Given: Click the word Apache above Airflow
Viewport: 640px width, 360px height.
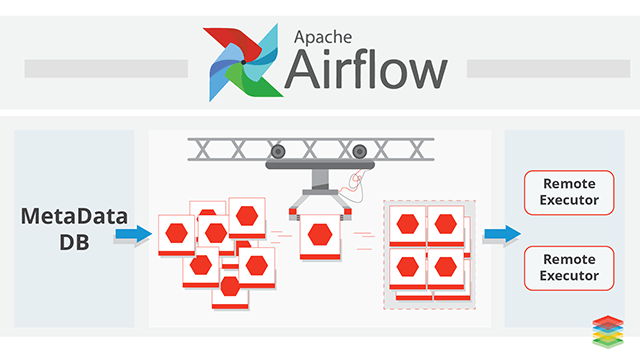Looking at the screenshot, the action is point(323,38).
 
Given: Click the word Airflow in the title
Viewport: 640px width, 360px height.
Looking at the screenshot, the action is point(366,69).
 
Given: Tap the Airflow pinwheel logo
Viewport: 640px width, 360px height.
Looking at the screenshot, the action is point(243,62).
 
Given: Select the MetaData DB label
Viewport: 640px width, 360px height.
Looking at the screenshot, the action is point(74,229).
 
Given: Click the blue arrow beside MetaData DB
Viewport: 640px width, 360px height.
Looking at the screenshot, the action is point(133,234).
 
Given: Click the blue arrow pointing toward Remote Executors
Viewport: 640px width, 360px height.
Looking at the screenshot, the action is point(502,234).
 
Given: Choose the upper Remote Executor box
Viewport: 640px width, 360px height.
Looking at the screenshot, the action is point(569,192).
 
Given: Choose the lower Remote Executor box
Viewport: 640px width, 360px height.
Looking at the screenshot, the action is point(569,268).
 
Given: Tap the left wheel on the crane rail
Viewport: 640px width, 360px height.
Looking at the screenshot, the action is point(278,152).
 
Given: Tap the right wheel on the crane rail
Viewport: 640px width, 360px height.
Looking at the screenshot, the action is point(360,152).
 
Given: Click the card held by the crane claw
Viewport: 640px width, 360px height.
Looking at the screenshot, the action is point(320,237).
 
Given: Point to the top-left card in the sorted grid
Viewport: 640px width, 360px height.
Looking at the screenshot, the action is point(407,226).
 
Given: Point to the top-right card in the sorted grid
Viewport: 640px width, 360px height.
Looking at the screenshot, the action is point(445,226).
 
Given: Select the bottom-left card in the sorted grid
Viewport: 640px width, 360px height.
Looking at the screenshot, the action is point(407,269).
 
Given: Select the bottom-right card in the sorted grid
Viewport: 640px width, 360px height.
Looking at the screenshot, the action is point(445,269).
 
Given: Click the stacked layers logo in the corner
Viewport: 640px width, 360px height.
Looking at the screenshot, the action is point(608,331).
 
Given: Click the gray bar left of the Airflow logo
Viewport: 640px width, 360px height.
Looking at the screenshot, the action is point(106,69).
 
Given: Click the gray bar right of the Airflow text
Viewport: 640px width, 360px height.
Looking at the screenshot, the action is point(549,69).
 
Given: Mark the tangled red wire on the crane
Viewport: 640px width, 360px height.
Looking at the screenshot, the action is point(353,186).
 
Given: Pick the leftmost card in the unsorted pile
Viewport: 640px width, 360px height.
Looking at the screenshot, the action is point(176,235).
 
